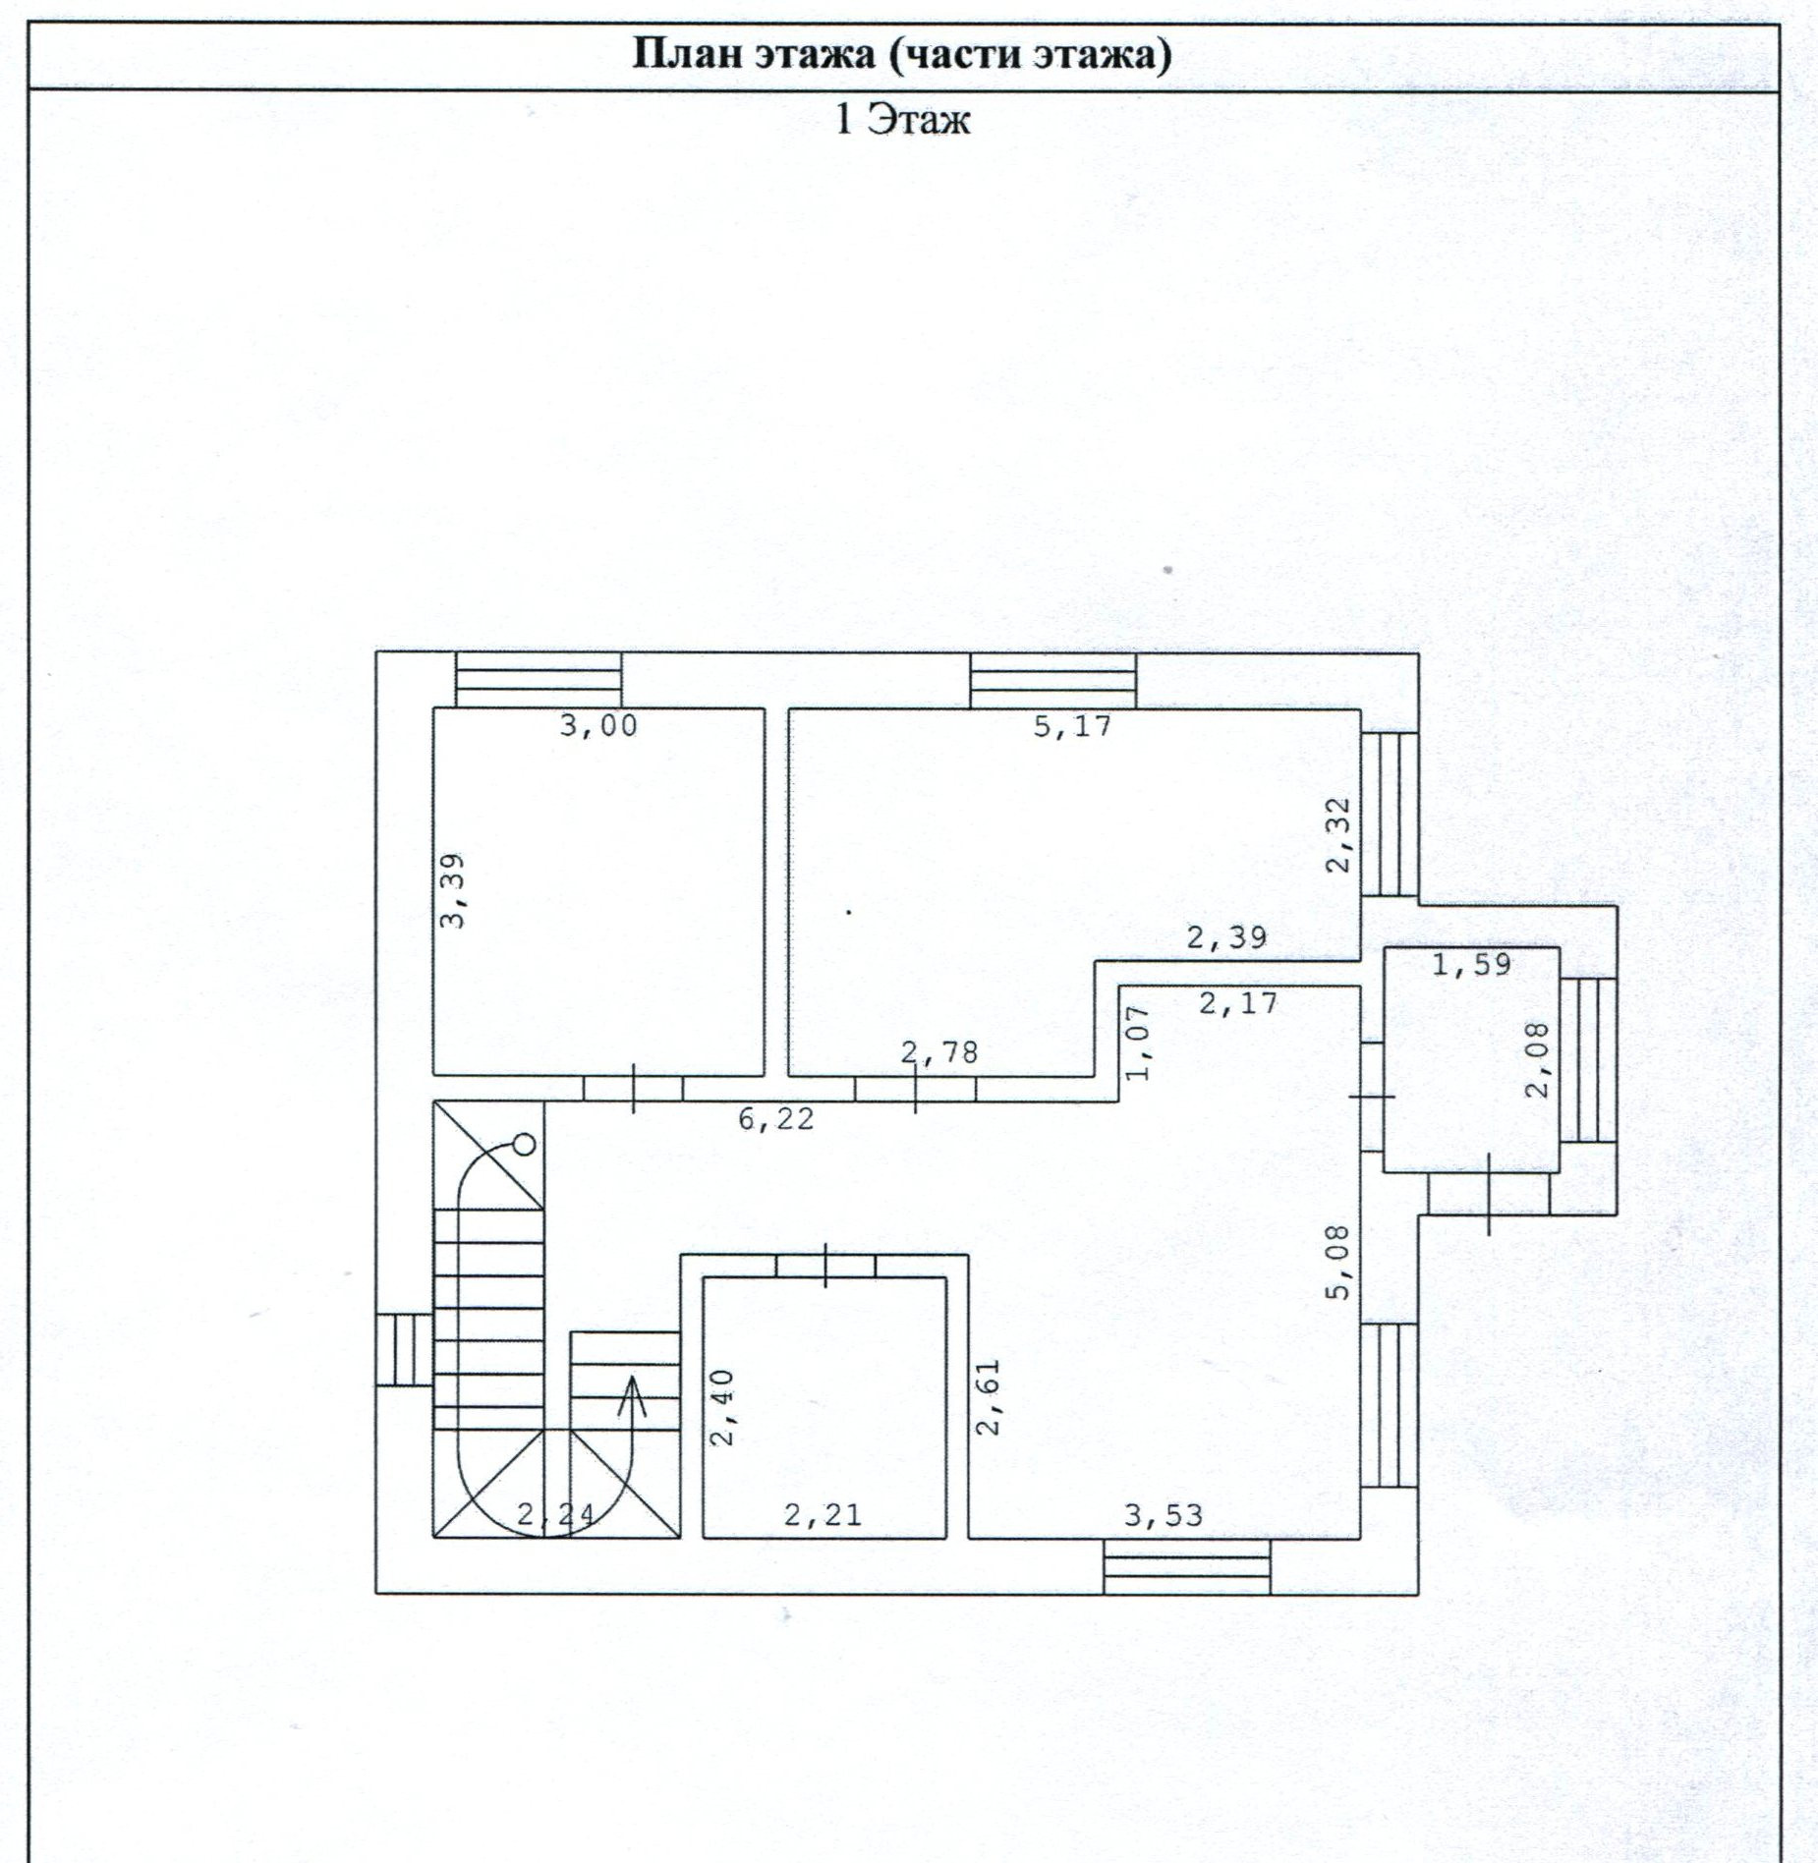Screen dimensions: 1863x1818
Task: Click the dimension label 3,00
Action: (x=598, y=726)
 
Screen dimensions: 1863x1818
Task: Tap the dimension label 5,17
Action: (x=1072, y=726)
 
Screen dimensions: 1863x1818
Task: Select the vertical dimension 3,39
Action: (x=452, y=889)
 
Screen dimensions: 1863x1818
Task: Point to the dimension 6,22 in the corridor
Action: (x=776, y=1118)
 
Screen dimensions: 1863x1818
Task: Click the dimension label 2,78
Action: (x=940, y=1052)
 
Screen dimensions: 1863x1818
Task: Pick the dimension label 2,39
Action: (x=1226, y=937)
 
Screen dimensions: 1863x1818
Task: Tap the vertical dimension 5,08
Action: (x=1338, y=1262)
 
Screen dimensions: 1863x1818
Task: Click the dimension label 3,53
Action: (x=1164, y=1515)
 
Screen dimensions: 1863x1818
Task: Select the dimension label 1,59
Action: (x=1471, y=964)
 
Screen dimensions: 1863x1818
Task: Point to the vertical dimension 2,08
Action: (x=1539, y=1059)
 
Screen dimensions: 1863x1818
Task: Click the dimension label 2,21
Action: (x=824, y=1515)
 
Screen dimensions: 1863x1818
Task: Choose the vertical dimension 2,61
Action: (x=988, y=1396)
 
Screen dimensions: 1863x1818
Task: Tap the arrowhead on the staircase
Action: (x=632, y=1386)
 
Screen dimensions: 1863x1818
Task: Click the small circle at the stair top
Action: (x=526, y=1144)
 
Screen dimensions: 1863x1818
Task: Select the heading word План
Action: (x=685, y=54)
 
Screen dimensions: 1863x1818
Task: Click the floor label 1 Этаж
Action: (x=902, y=120)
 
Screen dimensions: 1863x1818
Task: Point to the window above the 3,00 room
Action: (x=539, y=680)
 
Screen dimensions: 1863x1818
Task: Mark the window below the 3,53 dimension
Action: (x=1187, y=1566)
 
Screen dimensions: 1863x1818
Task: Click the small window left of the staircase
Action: (x=404, y=1350)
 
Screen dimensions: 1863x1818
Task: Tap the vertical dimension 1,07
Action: (x=1137, y=1043)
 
